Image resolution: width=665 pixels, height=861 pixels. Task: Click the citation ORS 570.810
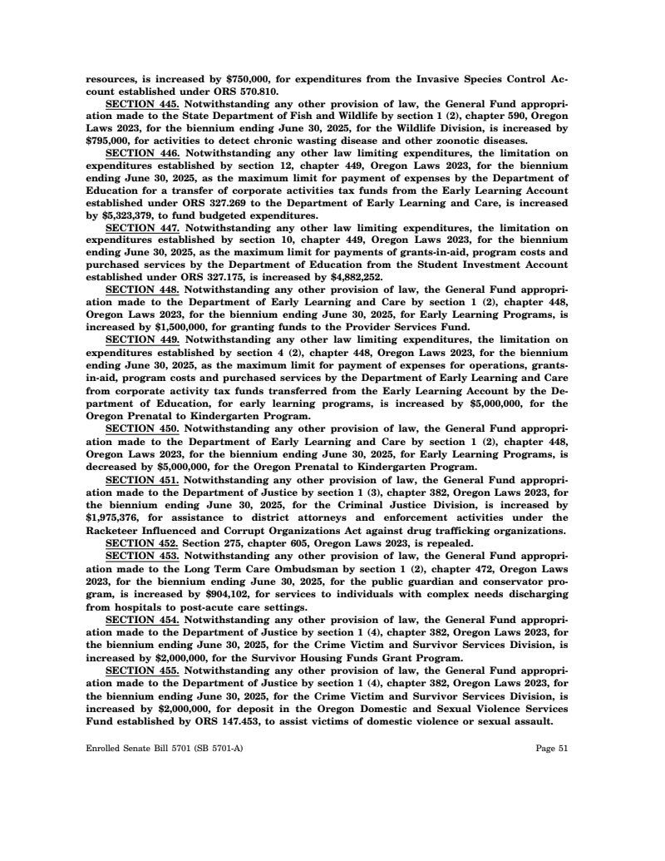tap(251, 92)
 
